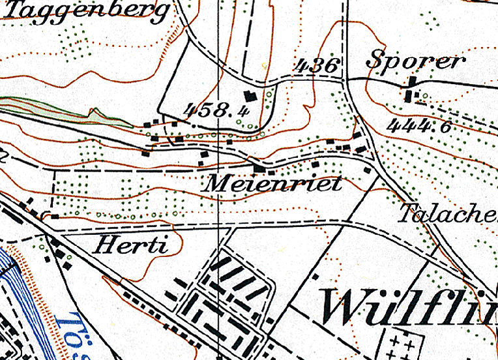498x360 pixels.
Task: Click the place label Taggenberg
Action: [x=89, y=12]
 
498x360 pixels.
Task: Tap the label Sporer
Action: [x=416, y=61]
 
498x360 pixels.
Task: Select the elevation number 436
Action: [x=317, y=65]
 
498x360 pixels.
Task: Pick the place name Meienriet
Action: [x=272, y=184]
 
